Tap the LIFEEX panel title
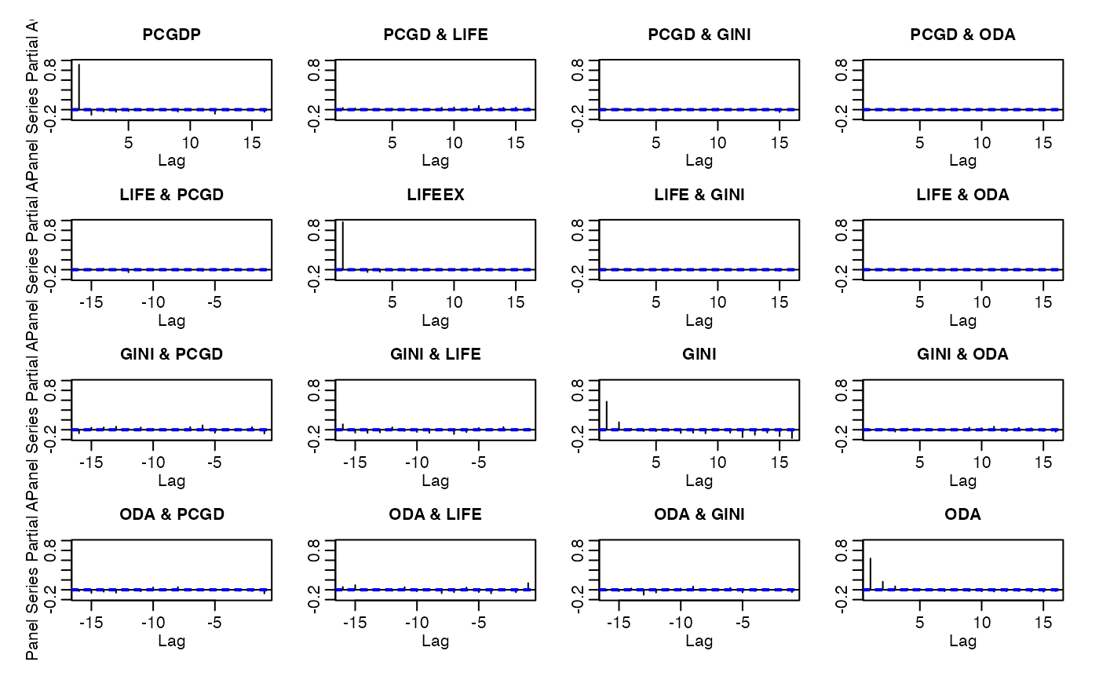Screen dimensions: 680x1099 click(435, 195)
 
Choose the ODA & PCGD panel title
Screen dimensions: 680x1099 click(171, 515)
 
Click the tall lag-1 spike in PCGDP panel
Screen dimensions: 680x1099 click(79, 86)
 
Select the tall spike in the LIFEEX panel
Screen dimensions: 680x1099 click(343, 245)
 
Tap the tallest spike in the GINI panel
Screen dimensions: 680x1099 click(607, 415)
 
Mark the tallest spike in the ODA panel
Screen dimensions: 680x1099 click(871, 573)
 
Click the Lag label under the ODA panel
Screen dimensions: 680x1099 click(962, 641)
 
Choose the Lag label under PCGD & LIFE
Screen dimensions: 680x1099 click(435, 160)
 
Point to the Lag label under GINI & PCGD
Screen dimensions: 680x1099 click(171, 481)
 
